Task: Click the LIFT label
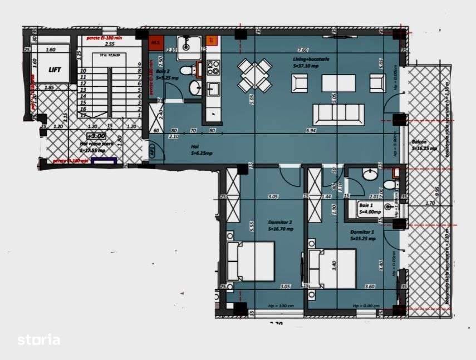pos(55,70)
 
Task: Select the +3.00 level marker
pos(95,136)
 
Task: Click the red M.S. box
pos(155,41)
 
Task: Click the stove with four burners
pos(213,68)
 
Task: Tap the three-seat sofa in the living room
pos(338,114)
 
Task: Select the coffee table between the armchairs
pos(338,83)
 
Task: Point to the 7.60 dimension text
pos(303,50)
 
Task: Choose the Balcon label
pos(422,145)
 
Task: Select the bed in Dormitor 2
pos(251,262)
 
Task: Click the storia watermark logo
pos(38,339)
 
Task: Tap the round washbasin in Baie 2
pos(195,88)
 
